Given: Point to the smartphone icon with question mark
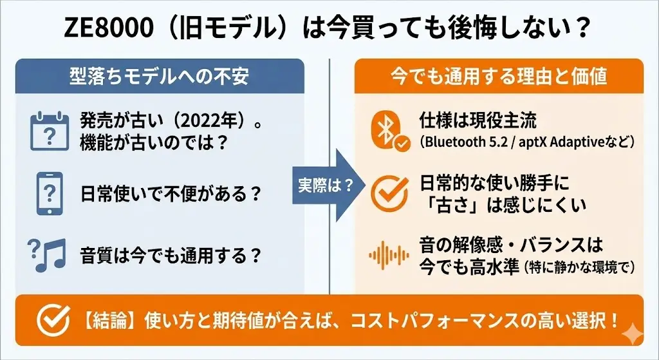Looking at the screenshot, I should (49, 192).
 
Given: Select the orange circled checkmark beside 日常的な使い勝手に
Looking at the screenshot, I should (389, 193).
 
